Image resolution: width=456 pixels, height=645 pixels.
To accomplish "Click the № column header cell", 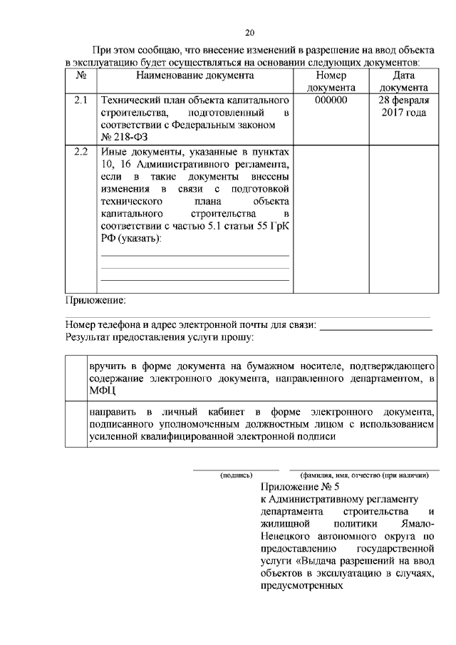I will click(x=81, y=75).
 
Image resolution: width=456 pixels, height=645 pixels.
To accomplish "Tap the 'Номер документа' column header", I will click(x=331, y=81).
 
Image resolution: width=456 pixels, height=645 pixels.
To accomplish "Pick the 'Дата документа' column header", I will click(x=403, y=81).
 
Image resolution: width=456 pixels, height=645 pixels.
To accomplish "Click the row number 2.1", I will click(x=81, y=100).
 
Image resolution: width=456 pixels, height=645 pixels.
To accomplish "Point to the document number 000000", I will click(x=331, y=100).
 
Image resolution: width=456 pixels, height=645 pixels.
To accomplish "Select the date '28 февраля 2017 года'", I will click(x=403, y=107).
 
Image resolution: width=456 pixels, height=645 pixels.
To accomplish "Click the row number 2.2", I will click(x=81, y=153).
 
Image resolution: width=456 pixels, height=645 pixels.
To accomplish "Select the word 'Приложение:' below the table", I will click(x=95, y=299).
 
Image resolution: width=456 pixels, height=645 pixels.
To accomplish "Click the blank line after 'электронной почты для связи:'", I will click(x=376, y=326).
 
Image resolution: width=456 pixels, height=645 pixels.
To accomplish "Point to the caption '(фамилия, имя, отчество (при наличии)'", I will click(x=364, y=474).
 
